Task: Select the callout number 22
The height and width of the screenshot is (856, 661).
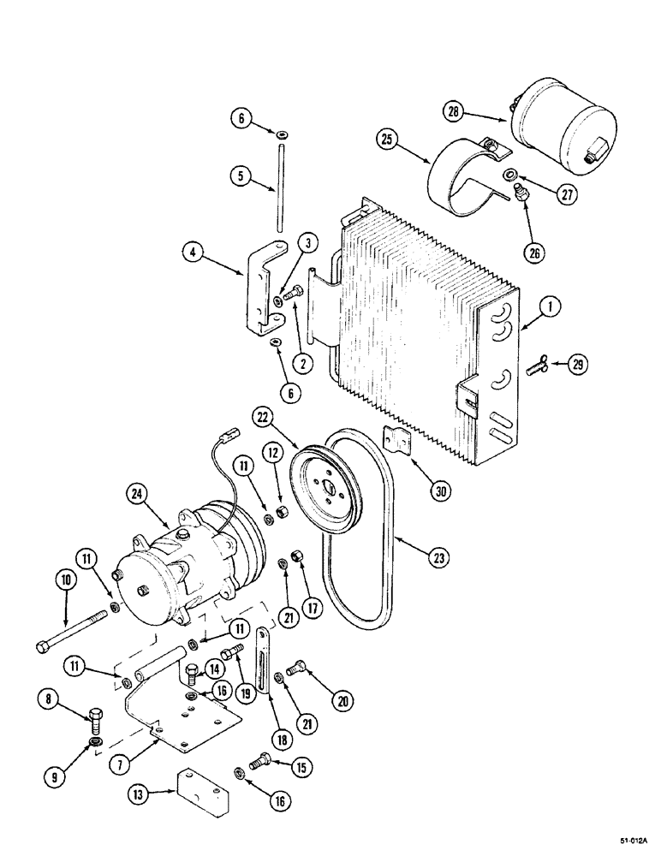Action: (x=262, y=417)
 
